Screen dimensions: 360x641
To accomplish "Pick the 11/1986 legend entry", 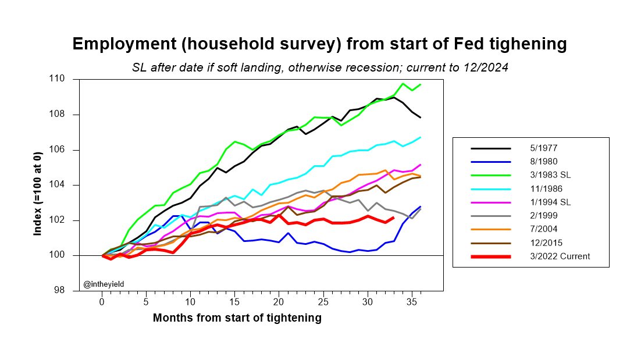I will pyautogui.click(x=535, y=189).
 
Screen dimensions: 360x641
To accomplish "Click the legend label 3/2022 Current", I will pyautogui.click(x=548, y=256).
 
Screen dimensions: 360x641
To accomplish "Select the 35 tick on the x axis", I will pyautogui.click(x=412, y=302).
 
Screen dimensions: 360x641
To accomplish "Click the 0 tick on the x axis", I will pyautogui.click(x=102, y=302).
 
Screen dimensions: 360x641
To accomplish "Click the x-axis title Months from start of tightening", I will pyautogui.click(x=237, y=318).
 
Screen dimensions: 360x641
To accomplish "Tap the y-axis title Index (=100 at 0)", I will pyautogui.click(x=38, y=184).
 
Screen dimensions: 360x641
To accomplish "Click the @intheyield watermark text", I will pyautogui.click(x=104, y=284).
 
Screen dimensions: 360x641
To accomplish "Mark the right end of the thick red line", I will pyautogui.click(x=394, y=218).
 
